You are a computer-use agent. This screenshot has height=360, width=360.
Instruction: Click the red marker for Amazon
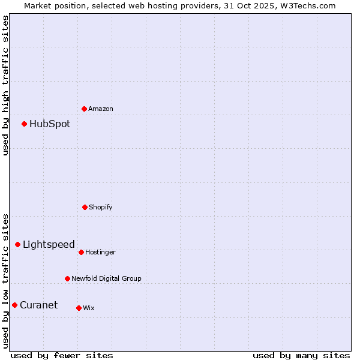pyautogui.click(x=84, y=109)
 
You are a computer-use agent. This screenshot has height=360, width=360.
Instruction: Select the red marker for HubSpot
pyautogui.click(x=24, y=124)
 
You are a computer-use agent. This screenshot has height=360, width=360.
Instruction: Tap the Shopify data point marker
pyautogui.click(x=85, y=207)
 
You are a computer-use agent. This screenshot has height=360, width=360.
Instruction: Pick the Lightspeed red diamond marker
pyautogui.click(x=17, y=244)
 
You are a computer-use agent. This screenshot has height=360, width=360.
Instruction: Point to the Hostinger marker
pyautogui.click(x=81, y=252)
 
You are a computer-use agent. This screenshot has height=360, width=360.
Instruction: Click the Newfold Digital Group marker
pyautogui.click(x=67, y=278)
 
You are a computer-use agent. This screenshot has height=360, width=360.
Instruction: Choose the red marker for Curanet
pyautogui.click(x=14, y=305)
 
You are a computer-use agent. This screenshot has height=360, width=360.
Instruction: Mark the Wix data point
pyautogui.click(x=79, y=308)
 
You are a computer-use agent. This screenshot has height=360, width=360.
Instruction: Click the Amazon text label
pyautogui.click(x=101, y=109)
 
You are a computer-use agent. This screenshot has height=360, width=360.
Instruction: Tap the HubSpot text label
pyautogui.click(x=50, y=124)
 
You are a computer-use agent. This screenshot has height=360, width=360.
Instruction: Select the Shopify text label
pyautogui.click(x=101, y=207)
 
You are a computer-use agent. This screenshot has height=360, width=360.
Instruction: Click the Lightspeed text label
pyautogui.click(x=49, y=244)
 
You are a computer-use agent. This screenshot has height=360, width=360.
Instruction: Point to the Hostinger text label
pyautogui.click(x=100, y=252)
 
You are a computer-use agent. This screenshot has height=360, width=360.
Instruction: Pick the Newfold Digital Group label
pyautogui.click(x=107, y=278)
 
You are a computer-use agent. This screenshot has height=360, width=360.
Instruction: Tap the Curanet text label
pyautogui.click(x=39, y=305)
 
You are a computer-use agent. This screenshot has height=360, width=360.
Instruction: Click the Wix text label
pyautogui.click(x=89, y=308)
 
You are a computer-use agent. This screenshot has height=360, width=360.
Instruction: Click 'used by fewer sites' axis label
pyautogui.click(x=62, y=355)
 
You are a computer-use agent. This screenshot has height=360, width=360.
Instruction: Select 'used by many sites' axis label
pyautogui.click(x=301, y=355)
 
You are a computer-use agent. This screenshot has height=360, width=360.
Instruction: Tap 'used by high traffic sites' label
pyautogui.click(x=5, y=85)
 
